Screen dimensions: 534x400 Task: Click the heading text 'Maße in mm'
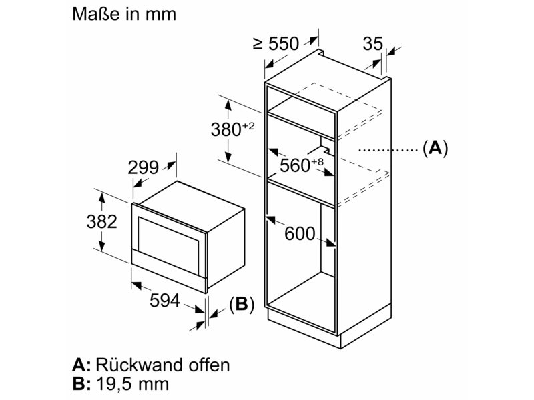[x=124, y=14]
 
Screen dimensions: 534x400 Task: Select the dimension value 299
[x=144, y=167]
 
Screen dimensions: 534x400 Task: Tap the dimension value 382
[x=102, y=221]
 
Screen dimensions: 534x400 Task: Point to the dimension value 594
[x=165, y=301]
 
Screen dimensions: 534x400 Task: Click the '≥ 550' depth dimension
[x=276, y=43]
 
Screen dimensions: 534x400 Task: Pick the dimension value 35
[x=373, y=43]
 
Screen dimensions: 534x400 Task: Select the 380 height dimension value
[x=226, y=129]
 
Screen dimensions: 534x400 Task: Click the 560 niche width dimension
[x=295, y=165]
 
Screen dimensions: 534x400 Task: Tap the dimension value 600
[x=300, y=234]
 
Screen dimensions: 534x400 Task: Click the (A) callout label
[x=435, y=148]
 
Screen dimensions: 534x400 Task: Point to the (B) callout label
[x=242, y=304]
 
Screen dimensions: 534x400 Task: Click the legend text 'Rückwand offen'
[x=163, y=365]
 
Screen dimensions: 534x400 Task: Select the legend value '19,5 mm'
[x=133, y=384]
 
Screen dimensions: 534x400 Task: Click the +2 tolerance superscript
[x=248, y=126]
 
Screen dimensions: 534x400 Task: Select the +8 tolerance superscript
[x=318, y=162]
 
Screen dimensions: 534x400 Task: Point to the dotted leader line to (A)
[x=388, y=149]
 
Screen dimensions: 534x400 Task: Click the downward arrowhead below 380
[x=228, y=157]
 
